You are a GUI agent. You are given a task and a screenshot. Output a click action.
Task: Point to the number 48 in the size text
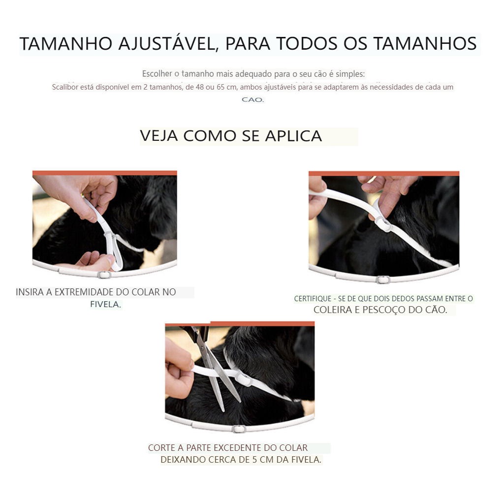click(x=200, y=87)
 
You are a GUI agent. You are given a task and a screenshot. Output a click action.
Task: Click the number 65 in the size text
click(x=221, y=87)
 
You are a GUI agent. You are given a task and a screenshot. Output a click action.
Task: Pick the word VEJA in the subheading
click(x=159, y=136)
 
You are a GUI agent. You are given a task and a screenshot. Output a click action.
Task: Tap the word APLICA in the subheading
click(x=293, y=136)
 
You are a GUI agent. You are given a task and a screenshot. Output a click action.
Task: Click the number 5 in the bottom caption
click(x=254, y=460)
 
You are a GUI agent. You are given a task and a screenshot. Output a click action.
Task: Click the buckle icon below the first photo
click(x=103, y=275)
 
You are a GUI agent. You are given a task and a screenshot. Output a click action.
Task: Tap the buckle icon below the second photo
click(x=383, y=280)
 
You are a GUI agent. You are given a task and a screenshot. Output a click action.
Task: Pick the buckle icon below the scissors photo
click(x=239, y=429)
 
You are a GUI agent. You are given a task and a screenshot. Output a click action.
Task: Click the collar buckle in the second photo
click(x=382, y=224)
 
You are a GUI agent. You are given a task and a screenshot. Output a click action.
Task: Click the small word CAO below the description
click(x=252, y=99)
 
